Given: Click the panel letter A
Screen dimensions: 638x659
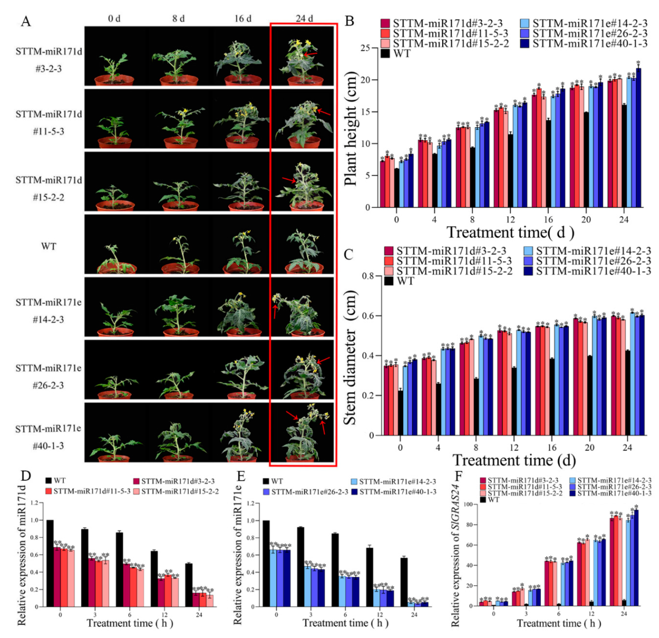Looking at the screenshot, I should coord(26,22).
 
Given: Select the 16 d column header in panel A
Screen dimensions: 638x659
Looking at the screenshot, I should coord(243,18).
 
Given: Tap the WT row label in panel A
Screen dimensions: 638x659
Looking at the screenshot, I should coord(49,246).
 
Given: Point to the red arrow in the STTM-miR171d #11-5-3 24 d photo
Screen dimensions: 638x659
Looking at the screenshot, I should coord(324,112).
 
